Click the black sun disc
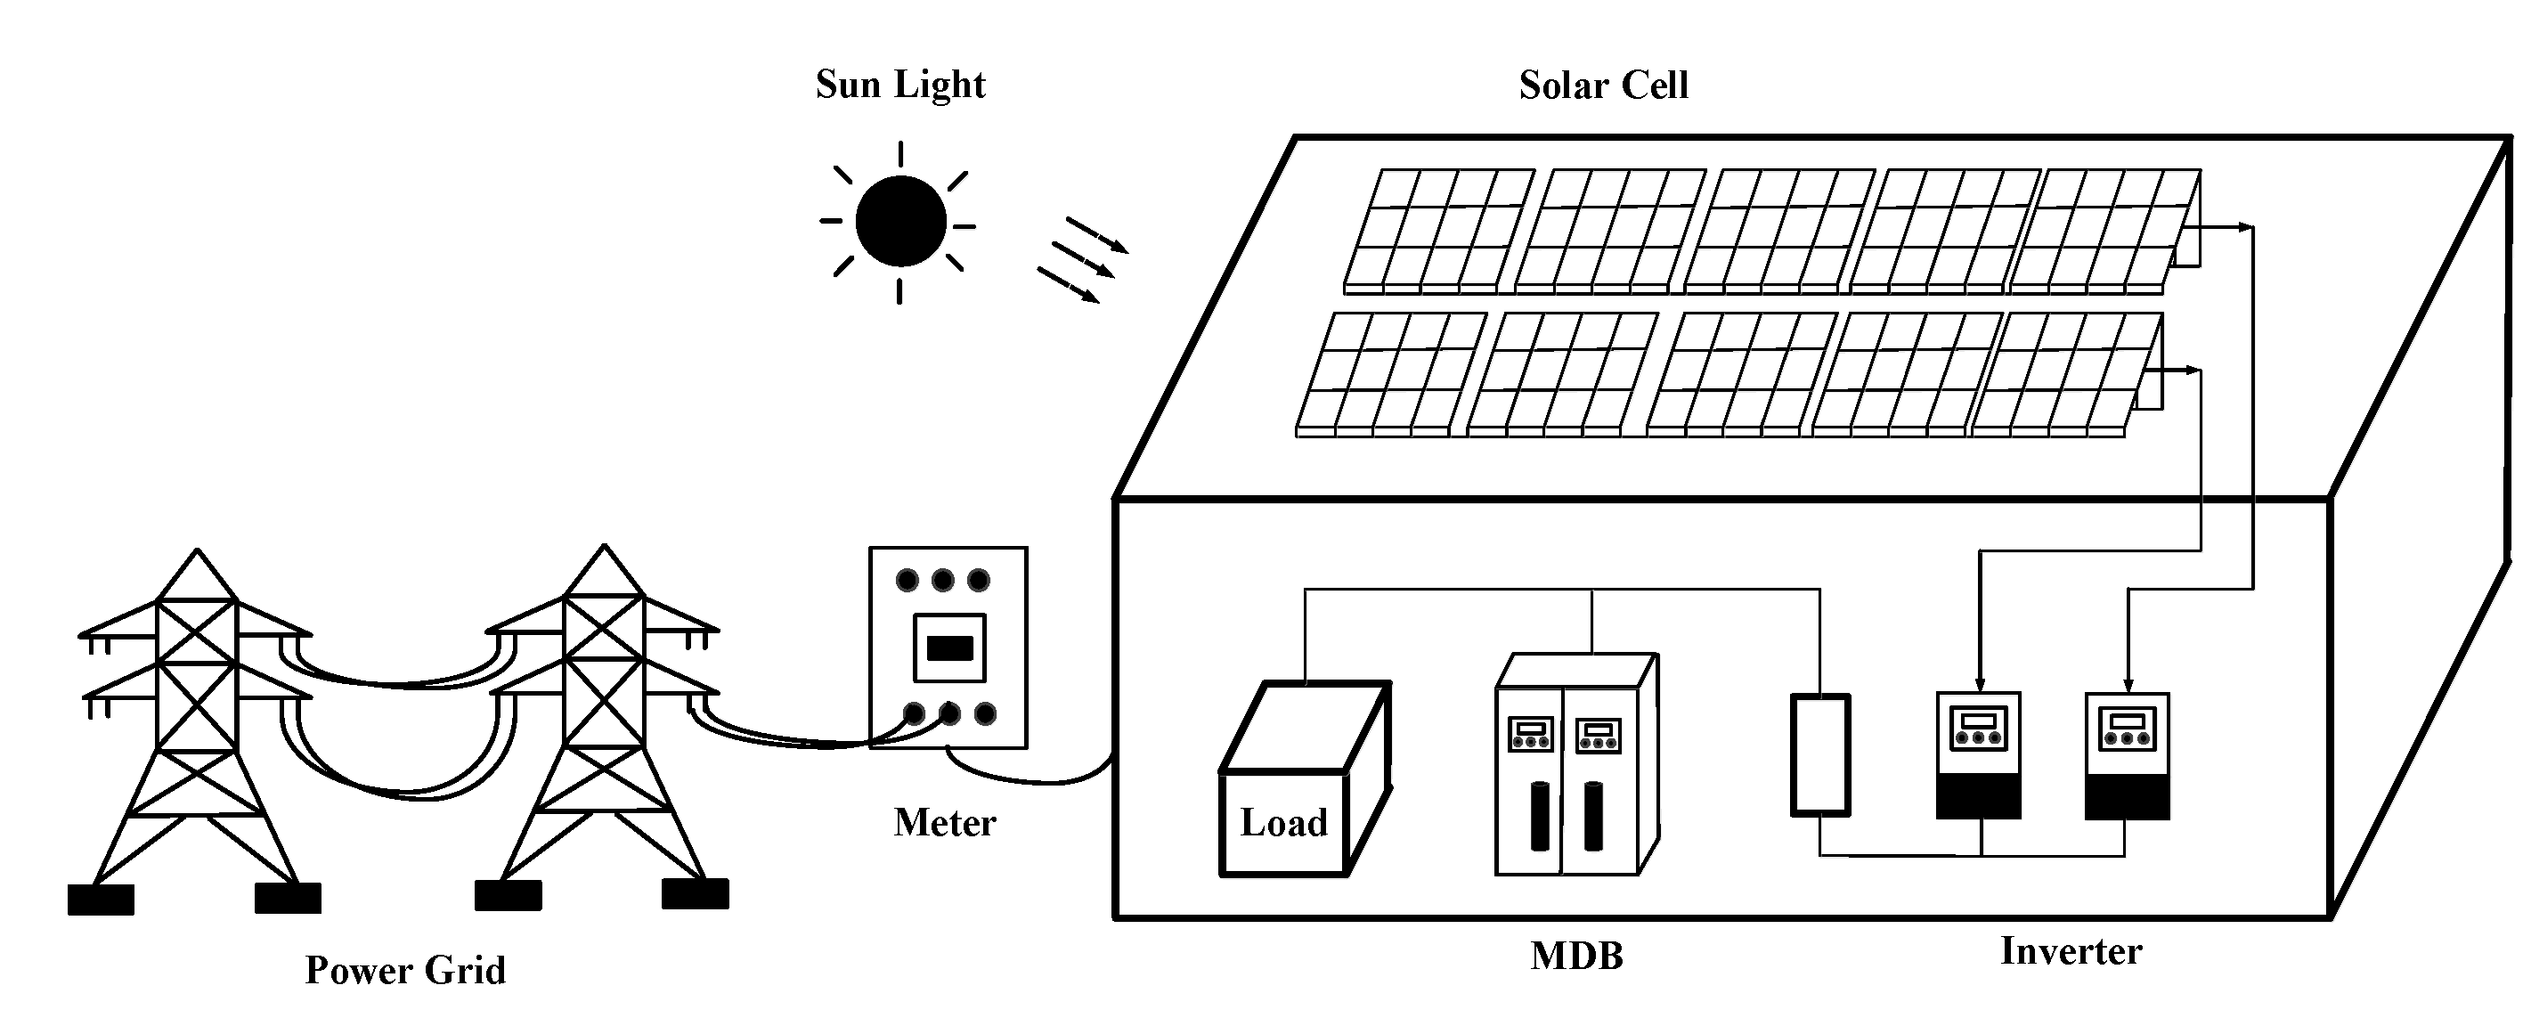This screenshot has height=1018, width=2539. pos(899,221)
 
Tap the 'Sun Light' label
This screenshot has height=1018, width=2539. pos(899,86)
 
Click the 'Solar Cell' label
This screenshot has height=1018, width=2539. pos(1603,86)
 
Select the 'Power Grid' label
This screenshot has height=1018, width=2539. pos(405,971)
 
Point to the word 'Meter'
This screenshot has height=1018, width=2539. pos(944,823)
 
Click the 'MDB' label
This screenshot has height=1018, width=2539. pos(1576,956)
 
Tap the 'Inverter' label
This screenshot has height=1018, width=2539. pos(2071,951)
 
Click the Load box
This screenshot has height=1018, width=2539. pos(1283,822)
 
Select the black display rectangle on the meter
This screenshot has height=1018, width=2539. pos(950,647)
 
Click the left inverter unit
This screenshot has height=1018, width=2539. pos(1978,755)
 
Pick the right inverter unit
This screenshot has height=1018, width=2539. pos(2127,755)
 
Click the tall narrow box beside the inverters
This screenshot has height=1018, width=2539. pos(1819,755)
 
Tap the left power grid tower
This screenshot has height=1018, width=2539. pos(197,729)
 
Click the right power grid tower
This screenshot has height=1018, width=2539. pos(603,729)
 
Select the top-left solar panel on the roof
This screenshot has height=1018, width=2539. pos(1439,232)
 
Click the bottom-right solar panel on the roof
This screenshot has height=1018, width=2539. pos(2065,374)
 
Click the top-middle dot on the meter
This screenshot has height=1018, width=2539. pos(942,580)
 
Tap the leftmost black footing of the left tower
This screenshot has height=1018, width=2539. pos(101,900)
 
